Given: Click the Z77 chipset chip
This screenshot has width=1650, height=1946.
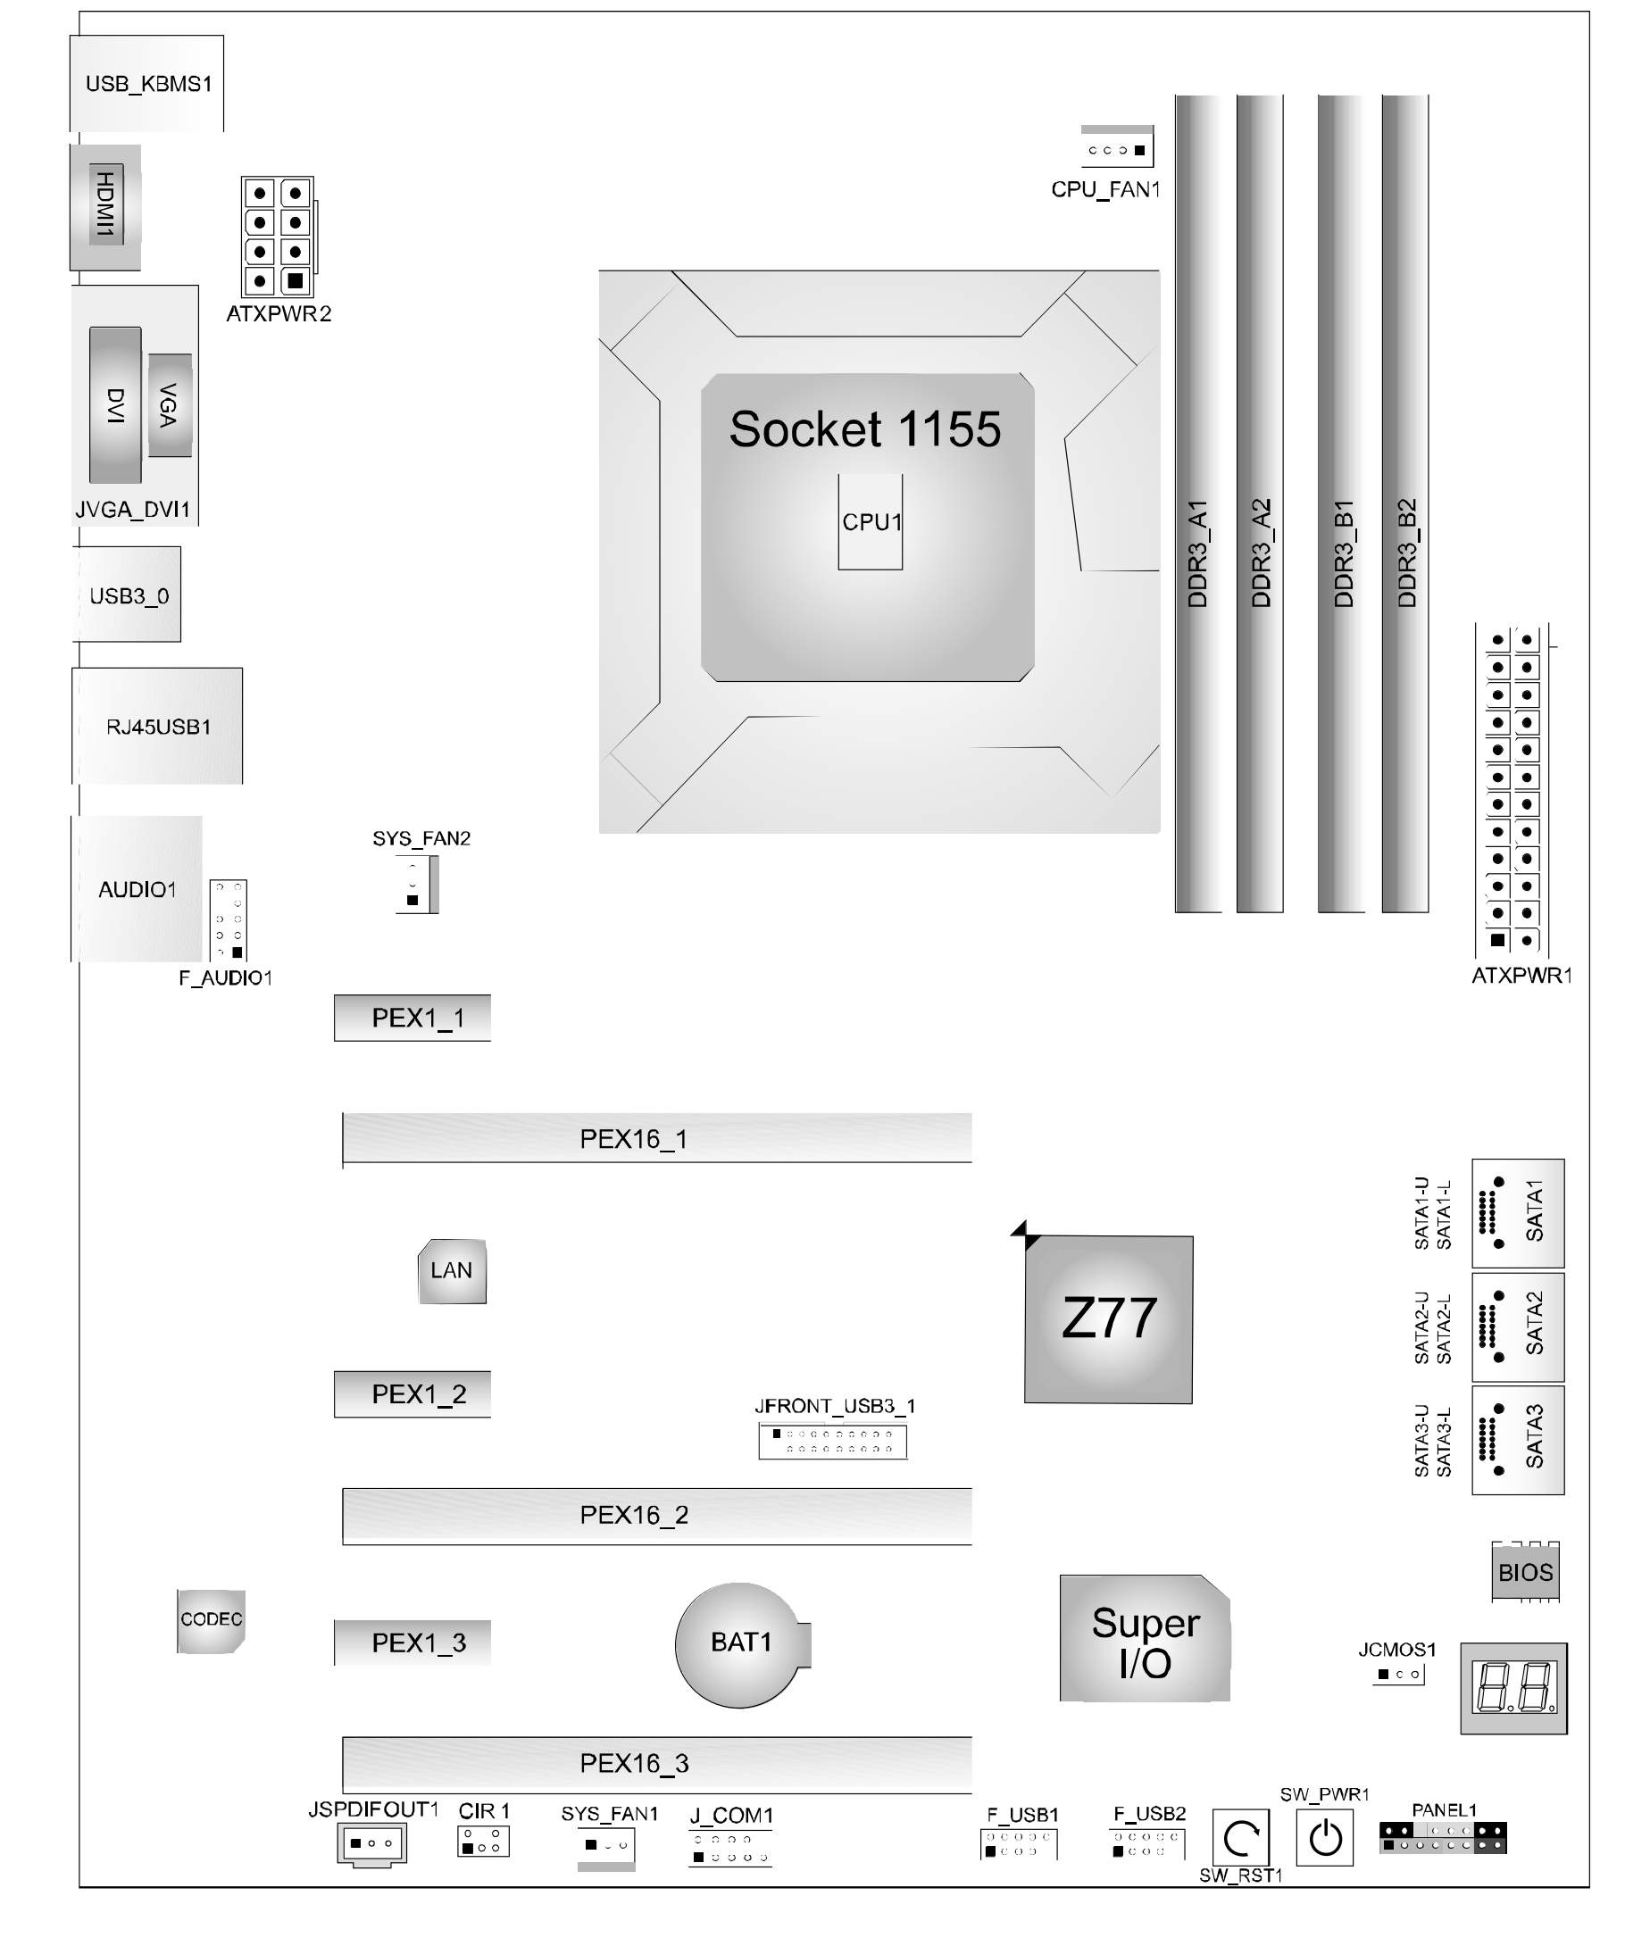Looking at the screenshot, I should pyautogui.click(x=1108, y=1319).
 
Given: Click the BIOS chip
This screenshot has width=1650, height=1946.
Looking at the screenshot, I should pyautogui.click(x=1525, y=1573).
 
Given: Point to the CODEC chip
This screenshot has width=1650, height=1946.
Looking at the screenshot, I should pyautogui.click(x=212, y=1619).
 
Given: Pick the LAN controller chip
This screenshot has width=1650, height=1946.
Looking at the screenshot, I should pyautogui.click(x=452, y=1271).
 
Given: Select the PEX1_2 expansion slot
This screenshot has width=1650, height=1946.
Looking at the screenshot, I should pyautogui.click(x=412, y=1394).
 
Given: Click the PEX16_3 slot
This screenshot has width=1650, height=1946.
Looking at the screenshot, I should pyautogui.click(x=656, y=1764).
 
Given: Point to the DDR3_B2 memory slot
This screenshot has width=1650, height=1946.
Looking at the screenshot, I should pyautogui.click(x=1405, y=505).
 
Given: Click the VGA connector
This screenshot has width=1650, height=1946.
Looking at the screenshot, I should pyautogui.click(x=170, y=406).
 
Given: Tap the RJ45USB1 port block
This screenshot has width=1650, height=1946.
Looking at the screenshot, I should pyautogui.click(x=157, y=727).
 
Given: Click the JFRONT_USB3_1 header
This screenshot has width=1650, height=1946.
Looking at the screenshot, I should pyautogui.click(x=832, y=1441).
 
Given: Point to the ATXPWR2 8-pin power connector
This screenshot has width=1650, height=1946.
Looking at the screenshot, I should pyautogui.click(x=278, y=237).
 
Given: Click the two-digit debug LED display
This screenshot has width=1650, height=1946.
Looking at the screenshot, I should pyautogui.click(x=1513, y=1688).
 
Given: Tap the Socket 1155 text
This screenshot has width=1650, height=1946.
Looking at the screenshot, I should pyautogui.click(x=864, y=429).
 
